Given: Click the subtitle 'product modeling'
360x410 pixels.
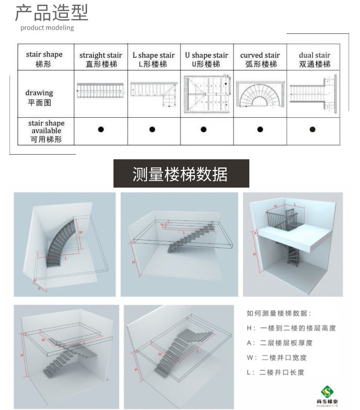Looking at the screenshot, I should point(47,28).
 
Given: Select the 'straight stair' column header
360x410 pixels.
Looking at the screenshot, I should point(101,59).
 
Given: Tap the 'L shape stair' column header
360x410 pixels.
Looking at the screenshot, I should point(154,59).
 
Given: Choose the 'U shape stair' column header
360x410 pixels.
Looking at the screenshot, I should point(206,59).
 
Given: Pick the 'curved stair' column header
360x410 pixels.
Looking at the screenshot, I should point(260,59).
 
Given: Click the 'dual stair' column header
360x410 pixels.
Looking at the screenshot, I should point(314,59).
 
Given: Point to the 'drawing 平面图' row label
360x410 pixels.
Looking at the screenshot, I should point(39,98).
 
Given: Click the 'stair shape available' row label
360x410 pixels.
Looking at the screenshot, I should point(46,131).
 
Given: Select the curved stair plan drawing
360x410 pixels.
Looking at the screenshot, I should point(260,95).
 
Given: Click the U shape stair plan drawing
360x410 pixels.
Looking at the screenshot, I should point(206,94).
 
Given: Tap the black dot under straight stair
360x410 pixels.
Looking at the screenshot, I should point(101,130).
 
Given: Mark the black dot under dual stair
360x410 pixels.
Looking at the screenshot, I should point(313,130).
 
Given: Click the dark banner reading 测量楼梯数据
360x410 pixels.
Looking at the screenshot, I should point(181,174).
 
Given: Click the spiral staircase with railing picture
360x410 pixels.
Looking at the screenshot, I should point(293,244).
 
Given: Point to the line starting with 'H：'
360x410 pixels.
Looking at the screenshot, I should point(291,328).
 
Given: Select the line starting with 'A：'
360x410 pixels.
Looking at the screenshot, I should point(280,343).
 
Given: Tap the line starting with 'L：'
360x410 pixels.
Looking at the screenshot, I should point(275,372).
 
